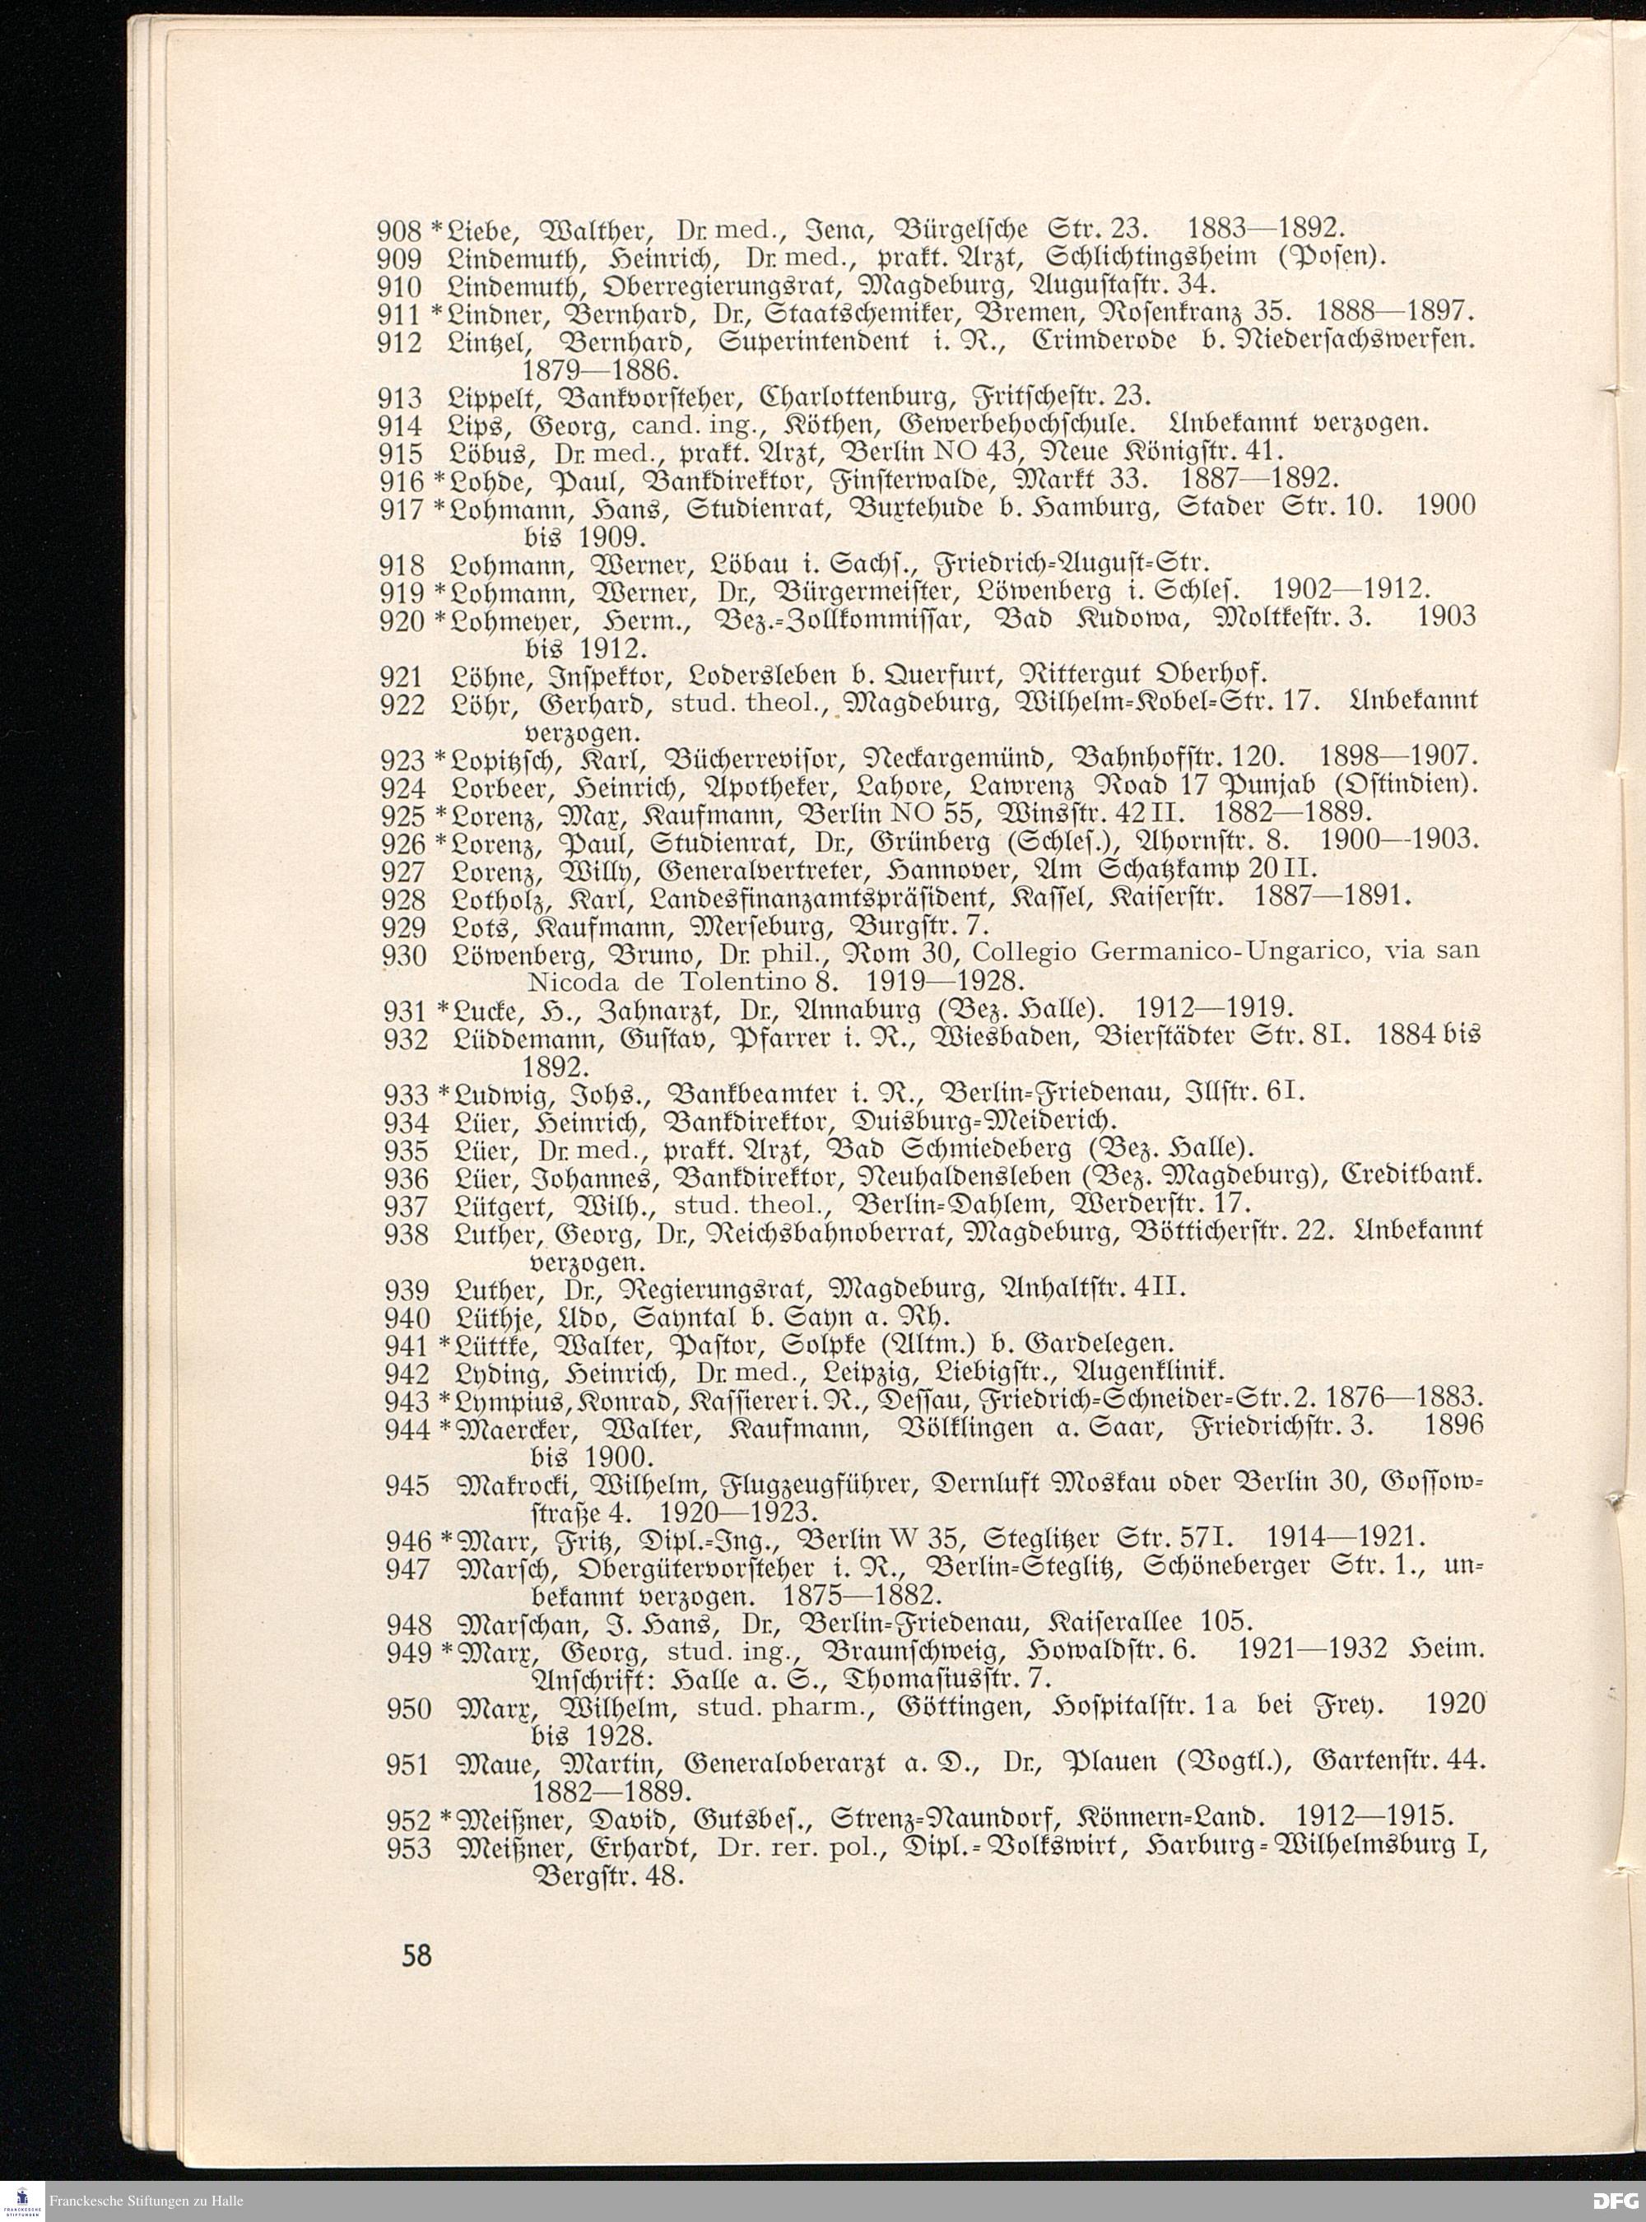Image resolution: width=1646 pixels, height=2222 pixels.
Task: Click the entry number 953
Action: [x=407, y=1849]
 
